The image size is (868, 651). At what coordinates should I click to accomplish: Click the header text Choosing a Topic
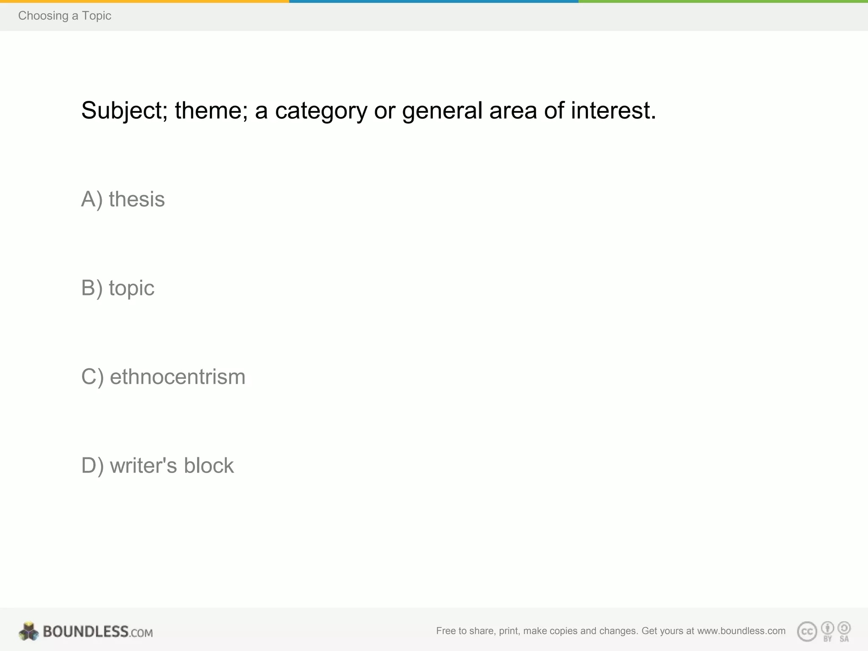[64, 16]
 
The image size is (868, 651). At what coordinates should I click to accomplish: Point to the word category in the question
[321, 111]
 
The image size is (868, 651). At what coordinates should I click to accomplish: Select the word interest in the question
[613, 111]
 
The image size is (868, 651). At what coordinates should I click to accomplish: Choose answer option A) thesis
[123, 199]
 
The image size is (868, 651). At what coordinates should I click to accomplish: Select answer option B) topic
[118, 288]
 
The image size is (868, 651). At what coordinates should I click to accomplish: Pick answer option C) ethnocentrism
[163, 377]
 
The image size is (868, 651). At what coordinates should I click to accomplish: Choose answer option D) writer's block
[157, 465]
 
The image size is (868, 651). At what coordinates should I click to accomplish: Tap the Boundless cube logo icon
[29, 632]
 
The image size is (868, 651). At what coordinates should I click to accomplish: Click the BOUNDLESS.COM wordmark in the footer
[98, 632]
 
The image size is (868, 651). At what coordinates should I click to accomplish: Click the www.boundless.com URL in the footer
[741, 631]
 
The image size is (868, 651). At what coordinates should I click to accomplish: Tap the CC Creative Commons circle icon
[807, 632]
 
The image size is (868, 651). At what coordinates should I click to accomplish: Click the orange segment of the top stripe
[144, 1]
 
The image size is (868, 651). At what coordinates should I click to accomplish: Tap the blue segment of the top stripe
[434, 1]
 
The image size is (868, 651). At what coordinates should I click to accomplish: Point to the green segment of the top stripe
[723, 1]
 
